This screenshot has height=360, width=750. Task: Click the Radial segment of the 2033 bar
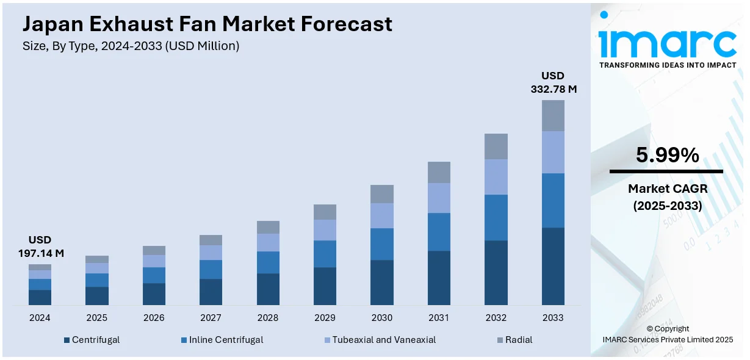(553, 115)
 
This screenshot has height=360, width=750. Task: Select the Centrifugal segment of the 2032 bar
(496, 273)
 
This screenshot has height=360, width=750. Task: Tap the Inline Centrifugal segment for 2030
(381, 244)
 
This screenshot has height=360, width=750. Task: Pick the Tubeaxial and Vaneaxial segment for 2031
(439, 198)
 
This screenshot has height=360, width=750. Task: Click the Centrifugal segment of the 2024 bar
(40, 297)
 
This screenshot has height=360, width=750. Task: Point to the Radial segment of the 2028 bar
(268, 227)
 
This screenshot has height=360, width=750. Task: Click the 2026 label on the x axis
(154, 318)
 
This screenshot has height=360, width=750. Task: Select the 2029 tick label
(325, 318)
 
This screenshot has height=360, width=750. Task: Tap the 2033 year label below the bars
(553, 318)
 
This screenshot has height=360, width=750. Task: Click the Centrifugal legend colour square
(67, 340)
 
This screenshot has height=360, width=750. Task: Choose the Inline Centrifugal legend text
(226, 340)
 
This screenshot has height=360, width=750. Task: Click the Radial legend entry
(519, 340)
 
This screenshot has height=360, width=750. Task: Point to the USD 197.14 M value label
(40, 246)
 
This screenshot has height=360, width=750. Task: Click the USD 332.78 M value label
(553, 82)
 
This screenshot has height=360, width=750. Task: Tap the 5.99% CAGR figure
(667, 156)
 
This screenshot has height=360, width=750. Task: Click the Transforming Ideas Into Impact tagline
(667, 65)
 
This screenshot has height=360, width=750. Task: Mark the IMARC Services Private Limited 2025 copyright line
(667, 339)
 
